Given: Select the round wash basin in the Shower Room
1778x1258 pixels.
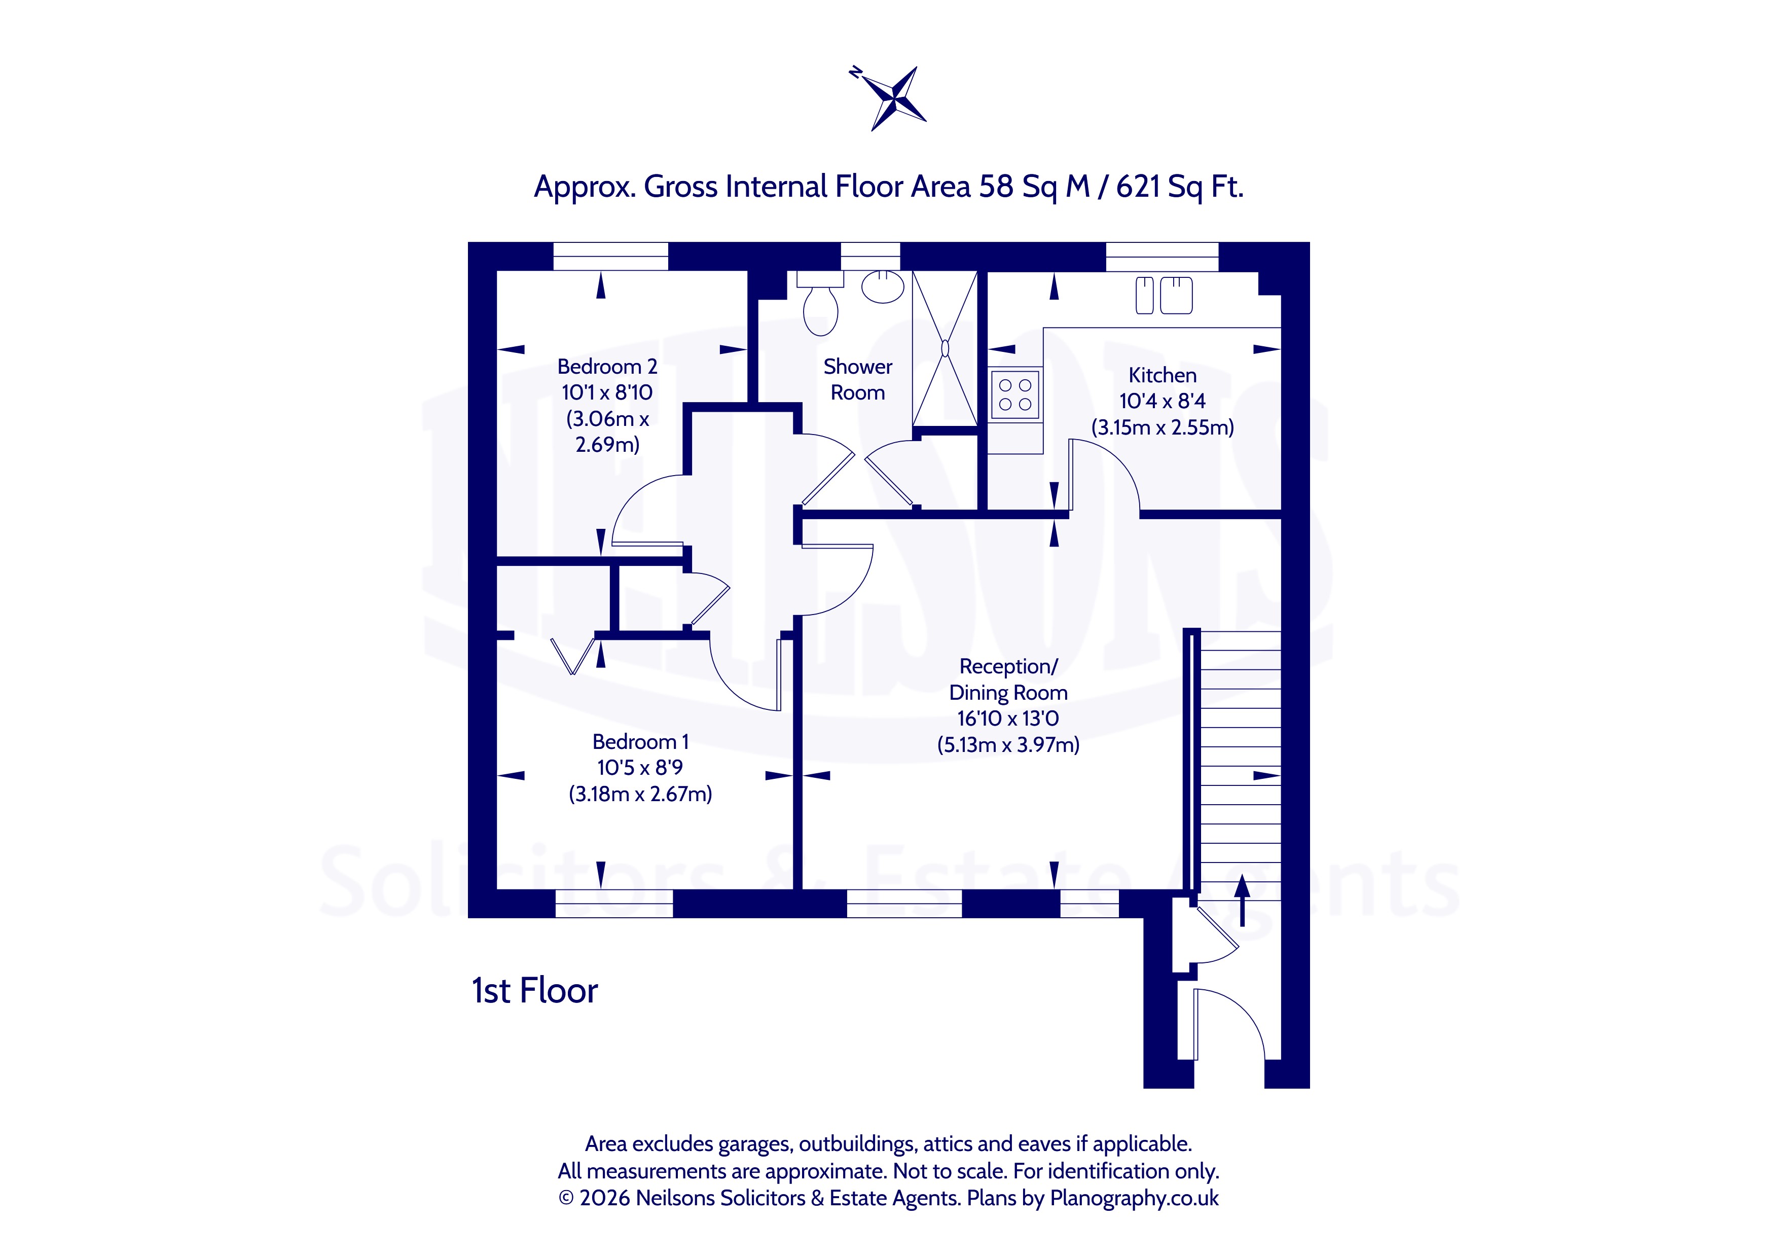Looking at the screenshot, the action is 884,286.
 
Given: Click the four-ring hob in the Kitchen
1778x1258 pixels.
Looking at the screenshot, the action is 1015,394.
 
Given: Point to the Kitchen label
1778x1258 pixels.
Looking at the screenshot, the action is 1163,375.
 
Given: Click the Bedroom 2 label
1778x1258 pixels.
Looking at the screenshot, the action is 607,367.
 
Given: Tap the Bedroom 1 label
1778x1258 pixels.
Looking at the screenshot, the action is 640,741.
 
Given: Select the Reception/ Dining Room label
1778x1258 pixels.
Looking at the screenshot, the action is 1008,679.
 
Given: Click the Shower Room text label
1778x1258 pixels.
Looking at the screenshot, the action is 858,380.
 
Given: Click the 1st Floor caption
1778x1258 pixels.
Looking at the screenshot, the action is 535,991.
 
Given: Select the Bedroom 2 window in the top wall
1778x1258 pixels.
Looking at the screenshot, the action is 611,257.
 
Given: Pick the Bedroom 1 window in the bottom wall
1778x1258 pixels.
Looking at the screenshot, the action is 614,903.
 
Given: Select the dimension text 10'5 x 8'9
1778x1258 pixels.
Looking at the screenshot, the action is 640,768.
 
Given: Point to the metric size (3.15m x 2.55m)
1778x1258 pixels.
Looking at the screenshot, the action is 1163,427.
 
